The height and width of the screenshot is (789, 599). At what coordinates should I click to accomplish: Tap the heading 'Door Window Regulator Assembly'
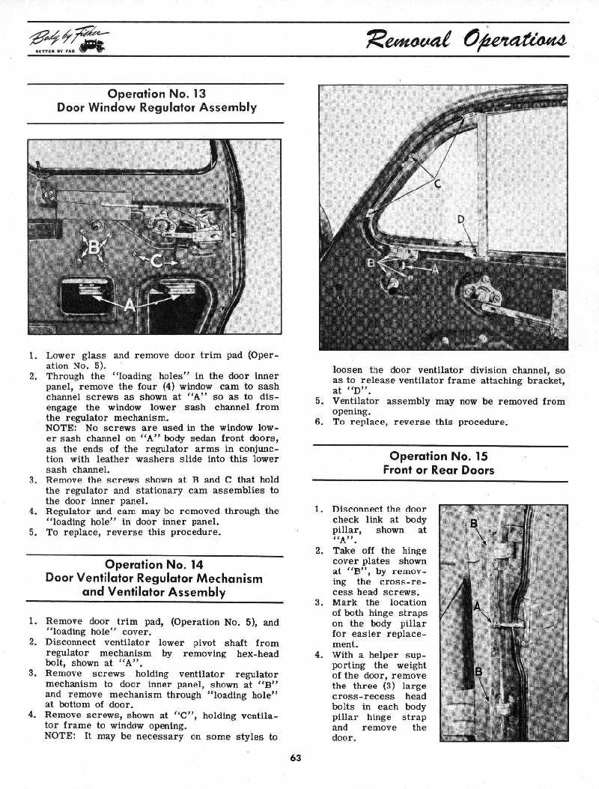[x=156, y=107]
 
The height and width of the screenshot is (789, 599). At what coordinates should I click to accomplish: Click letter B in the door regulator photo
[x=95, y=247]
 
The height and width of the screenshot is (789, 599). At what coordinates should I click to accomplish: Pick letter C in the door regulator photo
[x=156, y=260]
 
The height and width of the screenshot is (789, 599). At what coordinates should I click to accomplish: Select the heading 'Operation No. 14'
[x=155, y=564]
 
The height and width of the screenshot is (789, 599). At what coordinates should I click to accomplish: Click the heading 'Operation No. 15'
[x=438, y=456]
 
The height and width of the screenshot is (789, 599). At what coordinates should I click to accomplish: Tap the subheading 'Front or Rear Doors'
[x=438, y=470]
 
